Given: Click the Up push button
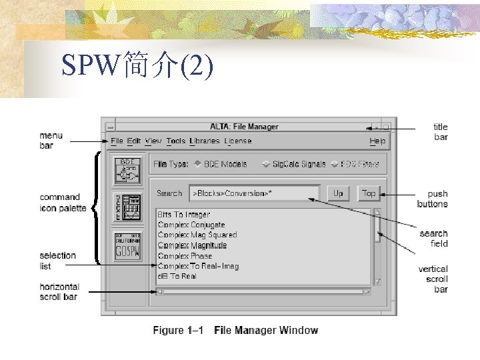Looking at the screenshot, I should [x=338, y=193].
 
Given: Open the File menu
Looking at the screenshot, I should [x=117, y=141].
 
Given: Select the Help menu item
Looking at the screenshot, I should [x=377, y=141].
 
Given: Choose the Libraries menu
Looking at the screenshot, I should [x=204, y=141].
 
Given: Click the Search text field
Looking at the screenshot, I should [x=254, y=193].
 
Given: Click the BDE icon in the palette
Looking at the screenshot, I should [x=127, y=171].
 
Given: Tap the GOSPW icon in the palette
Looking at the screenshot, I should [x=127, y=246].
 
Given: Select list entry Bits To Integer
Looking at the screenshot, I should [x=184, y=215].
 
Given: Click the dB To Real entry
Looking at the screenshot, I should [x=177, y=276].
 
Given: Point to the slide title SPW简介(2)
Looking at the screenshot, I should [x=137, y=66].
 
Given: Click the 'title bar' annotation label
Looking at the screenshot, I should [x=441, y=132].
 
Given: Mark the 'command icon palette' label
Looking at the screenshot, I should [x=63, y=203].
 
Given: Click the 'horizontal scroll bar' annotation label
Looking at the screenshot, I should [x=59, y=291].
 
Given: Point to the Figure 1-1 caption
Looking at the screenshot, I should [x=235, y=330].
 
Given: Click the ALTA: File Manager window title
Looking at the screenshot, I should [x=244, y=127].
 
